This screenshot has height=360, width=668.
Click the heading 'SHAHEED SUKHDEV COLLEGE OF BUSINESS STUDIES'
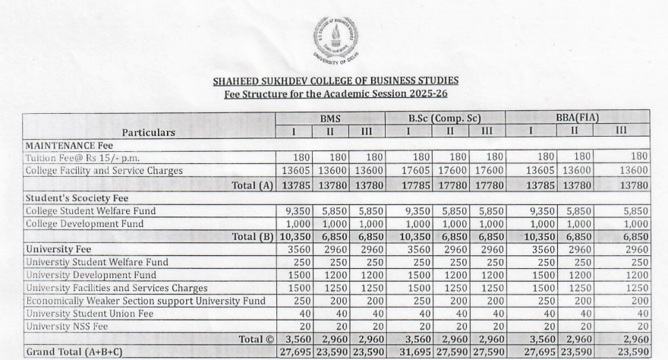pos(335,81)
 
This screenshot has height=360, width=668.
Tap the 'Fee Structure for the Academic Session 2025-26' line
pos(335,94)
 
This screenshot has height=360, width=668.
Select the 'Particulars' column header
pos(149,132)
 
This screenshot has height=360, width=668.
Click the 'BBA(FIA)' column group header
pos(577,118)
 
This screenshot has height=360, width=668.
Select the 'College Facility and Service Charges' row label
pos(104,171)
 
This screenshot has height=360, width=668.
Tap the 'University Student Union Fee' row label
pos(90,314)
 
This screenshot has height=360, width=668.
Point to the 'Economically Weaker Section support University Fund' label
pos(146,301)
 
